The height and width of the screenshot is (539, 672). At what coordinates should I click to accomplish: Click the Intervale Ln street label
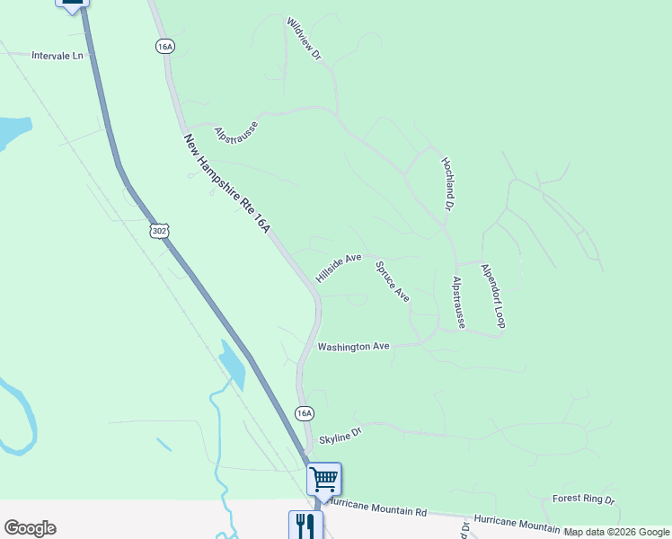[57, 55]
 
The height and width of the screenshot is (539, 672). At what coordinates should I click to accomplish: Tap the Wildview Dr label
[304, 38]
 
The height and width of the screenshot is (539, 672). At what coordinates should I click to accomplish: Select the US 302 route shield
[159, 231]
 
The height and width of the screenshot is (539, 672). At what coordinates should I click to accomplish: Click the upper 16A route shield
[164, 47]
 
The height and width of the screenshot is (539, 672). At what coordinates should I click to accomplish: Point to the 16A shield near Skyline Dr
[305, 413]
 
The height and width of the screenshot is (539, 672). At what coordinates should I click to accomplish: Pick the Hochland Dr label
[447, 183]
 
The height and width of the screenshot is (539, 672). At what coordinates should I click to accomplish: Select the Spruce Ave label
[393, 281]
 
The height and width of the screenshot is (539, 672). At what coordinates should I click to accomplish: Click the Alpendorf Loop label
[493, 296]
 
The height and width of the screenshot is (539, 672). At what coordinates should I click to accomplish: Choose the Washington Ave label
[353, 346]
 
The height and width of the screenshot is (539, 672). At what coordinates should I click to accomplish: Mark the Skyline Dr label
[340, 433]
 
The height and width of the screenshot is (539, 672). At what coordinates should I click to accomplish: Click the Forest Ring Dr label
[583, 499]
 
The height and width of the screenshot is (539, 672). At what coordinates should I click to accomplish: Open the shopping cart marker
[323, 479]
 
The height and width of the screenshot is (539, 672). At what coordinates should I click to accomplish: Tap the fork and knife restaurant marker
[305, 525]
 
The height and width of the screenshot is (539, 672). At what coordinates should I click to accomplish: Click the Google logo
[30, 528]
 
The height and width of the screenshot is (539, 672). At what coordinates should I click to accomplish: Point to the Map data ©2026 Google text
[616, 533]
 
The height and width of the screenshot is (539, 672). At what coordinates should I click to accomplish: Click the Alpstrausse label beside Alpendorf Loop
[458, 302]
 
